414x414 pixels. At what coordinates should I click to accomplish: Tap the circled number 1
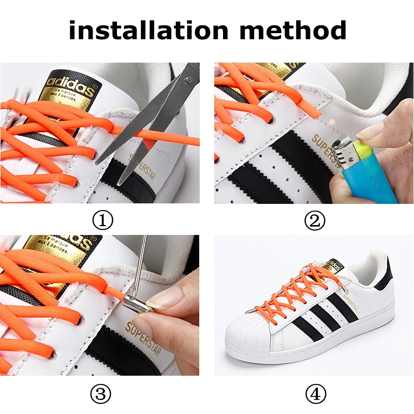[102, 221]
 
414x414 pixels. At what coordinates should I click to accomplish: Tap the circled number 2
[315, 221]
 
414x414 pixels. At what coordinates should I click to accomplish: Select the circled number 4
[315, 395]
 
